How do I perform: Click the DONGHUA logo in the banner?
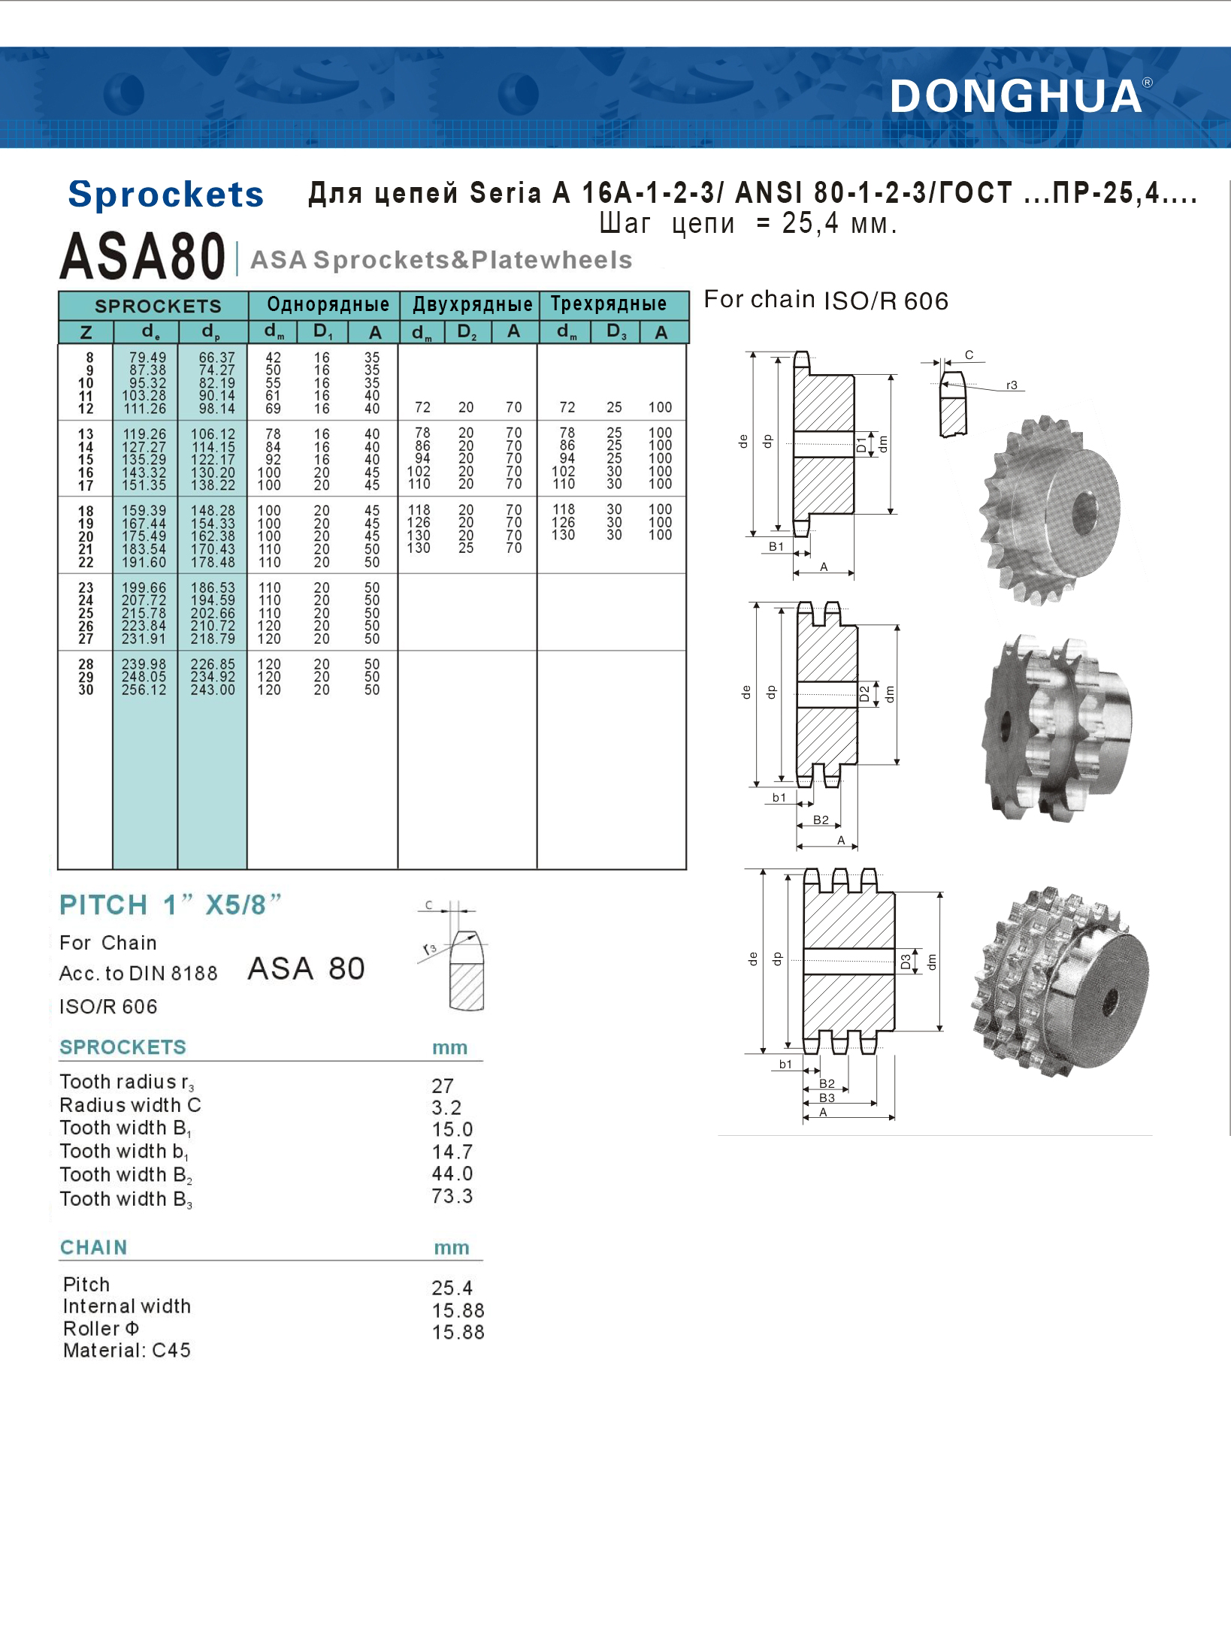click(1016, 97)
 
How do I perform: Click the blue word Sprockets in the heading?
click(166, 195)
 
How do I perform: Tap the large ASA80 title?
click(143, 256)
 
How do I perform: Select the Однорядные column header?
click(328, 304)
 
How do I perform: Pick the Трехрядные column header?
click(609, 304)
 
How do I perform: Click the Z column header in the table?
click(86, 332)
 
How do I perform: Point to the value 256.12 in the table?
click(144, 690)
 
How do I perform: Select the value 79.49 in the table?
click(147, 358)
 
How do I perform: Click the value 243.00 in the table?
click(213, 690)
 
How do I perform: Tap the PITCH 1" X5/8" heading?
click(171, 905)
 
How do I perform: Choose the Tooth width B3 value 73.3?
click(452, 1196)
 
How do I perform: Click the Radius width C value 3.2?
click(446, 1107)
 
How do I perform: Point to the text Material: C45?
click(127, 1350)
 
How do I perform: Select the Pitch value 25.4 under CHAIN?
click(452, 1288)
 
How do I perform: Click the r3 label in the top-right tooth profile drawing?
click(1012, 385)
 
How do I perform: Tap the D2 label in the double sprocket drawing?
click(864, 693)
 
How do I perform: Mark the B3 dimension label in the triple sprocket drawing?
click(827, 1098)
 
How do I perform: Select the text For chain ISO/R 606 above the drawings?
click(825, 301)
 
